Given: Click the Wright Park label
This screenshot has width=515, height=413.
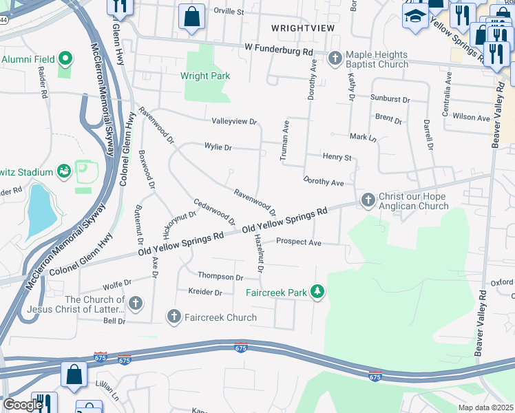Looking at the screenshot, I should (x=205, y=76).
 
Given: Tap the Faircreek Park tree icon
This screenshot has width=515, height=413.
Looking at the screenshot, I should (x=317, y=293).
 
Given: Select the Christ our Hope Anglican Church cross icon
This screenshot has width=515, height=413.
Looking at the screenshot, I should (x=368, y=200).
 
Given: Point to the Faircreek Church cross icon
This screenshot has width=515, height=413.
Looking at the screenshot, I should (x=174, y=317).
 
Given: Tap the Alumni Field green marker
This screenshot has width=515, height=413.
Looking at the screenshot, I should (x=66, y=59).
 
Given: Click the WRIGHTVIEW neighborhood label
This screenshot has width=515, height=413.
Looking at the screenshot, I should (x=303, y=28).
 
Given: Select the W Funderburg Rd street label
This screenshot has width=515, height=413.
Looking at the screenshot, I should (x=279, y=51).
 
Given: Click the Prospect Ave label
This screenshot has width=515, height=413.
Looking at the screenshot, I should (x=299, y=242).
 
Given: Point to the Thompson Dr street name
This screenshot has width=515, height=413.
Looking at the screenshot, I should (x=220, y=277).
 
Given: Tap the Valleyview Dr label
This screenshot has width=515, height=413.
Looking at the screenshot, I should (x=234, y=121).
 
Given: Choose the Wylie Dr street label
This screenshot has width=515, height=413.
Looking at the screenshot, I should (x=218, y=147).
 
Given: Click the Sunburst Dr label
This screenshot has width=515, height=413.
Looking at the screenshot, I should (x=390, y=99).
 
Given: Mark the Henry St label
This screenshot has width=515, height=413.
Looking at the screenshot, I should (x=337, y=158).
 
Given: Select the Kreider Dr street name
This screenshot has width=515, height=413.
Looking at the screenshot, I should (x=205, y=293).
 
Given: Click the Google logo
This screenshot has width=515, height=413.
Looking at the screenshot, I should (x=22, y=405).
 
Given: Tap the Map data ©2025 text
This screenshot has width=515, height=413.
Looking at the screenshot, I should (x=485, y=407).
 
